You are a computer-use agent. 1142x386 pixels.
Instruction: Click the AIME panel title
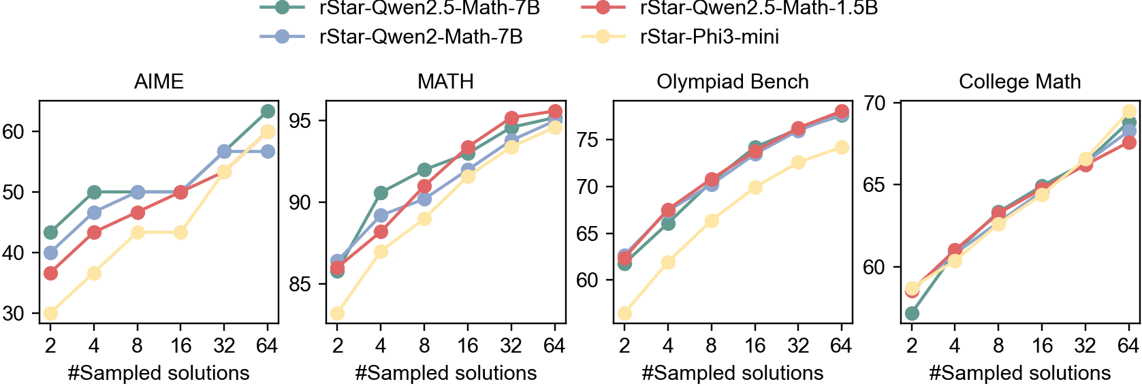[x=159, y=82]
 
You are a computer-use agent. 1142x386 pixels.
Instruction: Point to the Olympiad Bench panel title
[x=733, y=82]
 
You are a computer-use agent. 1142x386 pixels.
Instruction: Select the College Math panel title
[x=1019, y=82]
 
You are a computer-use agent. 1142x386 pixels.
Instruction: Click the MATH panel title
[x=445, y=82]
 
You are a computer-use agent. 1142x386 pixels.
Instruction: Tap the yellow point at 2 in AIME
[x=50, y=314]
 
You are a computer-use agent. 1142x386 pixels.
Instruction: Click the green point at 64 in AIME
[x=268, y=112]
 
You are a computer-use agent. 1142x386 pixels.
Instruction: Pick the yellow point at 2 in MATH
[x=337, y=314]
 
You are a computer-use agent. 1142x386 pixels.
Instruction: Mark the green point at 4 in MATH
[x=381, y=193]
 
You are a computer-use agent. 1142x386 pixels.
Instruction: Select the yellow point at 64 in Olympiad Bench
[x=842, y=147]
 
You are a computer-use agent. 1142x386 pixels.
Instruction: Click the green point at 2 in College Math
[x=912, y=314]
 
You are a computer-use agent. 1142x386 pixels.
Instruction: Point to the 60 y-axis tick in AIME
[x=14, y=132]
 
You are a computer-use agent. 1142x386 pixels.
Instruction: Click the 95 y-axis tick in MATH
[x=300, y=121]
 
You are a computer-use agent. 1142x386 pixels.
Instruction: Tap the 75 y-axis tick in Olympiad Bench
[x=588, y=140]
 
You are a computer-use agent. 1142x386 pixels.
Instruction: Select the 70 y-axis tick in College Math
[x=874, y=103]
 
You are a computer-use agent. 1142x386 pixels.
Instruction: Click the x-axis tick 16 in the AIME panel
[x=180, y=346]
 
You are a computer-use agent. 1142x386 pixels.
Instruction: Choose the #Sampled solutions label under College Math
[x=1019, y=373]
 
